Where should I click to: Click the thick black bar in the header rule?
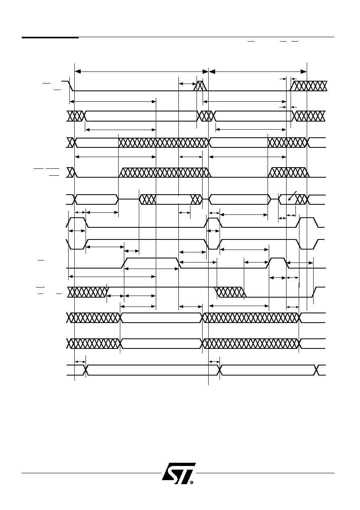point(50,37)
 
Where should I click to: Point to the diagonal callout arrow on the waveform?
point(292,196)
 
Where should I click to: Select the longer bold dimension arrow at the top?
point(141,72)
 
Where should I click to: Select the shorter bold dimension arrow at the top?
point(258,72)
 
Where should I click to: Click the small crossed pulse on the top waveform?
point(200,86)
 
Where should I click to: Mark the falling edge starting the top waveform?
point(71,86)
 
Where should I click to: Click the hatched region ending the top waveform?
point(308,86)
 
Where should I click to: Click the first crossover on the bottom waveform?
point(86,370)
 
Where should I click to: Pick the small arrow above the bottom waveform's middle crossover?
point(214,362)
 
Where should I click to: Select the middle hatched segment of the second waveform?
point(206,116)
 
